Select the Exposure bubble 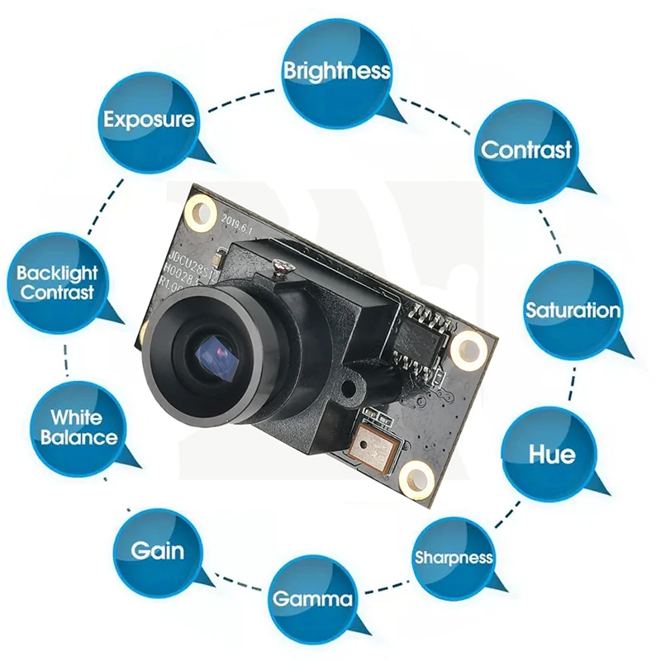coord(149,121)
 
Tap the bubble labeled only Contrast coord(525,150)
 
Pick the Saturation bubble coord(572,311)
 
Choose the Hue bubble coord(551,454)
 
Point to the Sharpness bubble coord(453,558)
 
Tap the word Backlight coord(57,273)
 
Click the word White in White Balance coord(77,418)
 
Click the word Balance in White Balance coord(78,437)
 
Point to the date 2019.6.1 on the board coord(239,223)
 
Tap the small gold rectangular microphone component coord(376,447)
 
